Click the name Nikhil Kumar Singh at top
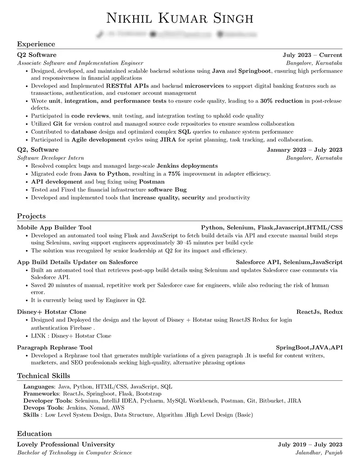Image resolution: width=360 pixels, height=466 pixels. point(180,18)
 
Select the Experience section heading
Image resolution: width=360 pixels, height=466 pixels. point(36,44)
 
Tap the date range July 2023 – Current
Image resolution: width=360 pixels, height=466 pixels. point(312,55)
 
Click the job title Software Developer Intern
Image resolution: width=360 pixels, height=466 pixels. point(50,158)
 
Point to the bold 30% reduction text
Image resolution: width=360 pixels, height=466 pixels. point(281,101)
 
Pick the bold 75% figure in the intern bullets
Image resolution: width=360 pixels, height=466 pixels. point(174,174)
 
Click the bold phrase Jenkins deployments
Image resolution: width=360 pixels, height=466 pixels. point(187,166)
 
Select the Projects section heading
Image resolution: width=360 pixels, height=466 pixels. point(31,216)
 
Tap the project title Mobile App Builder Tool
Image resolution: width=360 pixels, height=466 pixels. point(54,227)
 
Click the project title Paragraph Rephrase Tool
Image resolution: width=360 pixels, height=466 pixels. point(55,348)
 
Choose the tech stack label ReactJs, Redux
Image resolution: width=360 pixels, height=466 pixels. point(319,312)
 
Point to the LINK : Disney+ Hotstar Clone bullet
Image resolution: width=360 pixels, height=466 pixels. point(71,336)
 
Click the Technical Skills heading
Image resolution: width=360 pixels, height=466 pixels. point(43,376)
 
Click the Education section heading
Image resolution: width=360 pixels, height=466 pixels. point(34,434)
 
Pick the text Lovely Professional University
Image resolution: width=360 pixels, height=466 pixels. point(66,445)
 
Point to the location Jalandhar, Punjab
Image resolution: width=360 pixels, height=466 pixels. point(319,452)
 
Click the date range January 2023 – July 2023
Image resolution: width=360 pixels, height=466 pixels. point(305,150)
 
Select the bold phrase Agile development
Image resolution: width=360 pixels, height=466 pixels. point(98,140)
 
